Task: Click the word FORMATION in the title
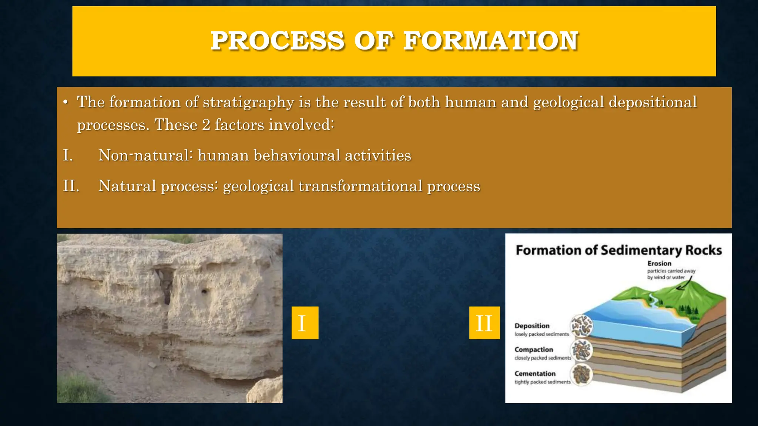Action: pos(491,41)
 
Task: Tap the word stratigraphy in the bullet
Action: pos(248,102)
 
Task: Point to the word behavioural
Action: pos(297,155)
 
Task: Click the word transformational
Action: pos(360,186)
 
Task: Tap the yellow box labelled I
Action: pos(305,323)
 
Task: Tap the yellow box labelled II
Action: pos(484,323)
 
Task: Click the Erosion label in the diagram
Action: pos(659,264)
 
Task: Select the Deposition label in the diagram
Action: pos(532,326)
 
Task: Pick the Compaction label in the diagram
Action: pos(533,350)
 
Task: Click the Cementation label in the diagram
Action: pos(535,373)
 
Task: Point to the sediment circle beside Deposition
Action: pos(581,326)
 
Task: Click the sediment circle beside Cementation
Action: pos(581,374)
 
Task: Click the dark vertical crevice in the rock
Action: pos(165,285)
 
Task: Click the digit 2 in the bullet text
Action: pos(206,125)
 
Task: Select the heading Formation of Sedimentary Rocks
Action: pos(618,250)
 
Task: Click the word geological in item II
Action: pos(258,186)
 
